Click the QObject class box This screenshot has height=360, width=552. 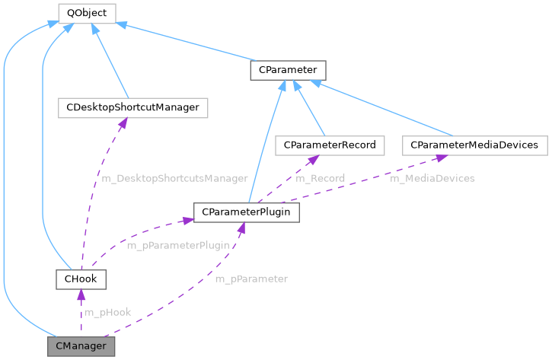point(87,13)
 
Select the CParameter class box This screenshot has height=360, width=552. point(288,71)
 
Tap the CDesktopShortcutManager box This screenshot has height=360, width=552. point(132,107)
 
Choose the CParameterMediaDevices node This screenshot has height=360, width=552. point(474,145)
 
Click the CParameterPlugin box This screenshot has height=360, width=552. point(246,212)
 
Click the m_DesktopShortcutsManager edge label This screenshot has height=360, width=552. point(174,178)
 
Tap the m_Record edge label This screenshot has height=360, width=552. point(320,178)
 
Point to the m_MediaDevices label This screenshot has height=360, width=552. point(432,178)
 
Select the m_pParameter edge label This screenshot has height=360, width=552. point(251,279)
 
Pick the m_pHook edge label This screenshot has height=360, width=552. point(107,312)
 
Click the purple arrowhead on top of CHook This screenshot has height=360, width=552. point(81,294)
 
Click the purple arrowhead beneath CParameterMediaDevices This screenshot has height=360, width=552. point(439,157)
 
